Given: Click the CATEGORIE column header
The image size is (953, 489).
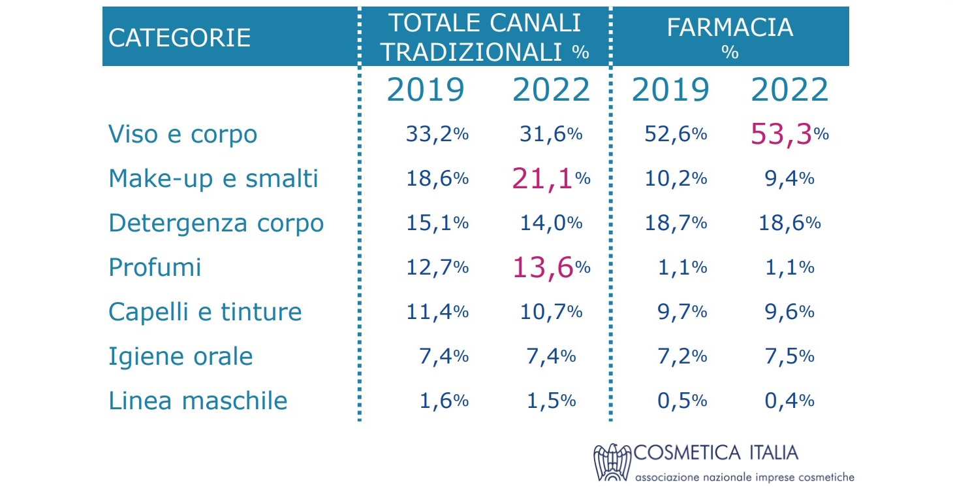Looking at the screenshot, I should tap(180, 37).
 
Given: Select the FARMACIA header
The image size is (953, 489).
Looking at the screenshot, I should tap(730, 27).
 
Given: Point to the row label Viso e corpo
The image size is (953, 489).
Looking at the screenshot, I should tap(183, 135).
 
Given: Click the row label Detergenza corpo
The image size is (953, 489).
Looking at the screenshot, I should tap(216, 223).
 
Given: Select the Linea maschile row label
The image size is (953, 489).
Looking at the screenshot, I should tap(198, 400).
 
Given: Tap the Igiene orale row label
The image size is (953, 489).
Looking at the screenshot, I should tap(181, 356).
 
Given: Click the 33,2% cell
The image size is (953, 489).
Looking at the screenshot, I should tap(437, 135).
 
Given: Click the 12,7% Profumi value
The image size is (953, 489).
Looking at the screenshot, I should tap(437, 267).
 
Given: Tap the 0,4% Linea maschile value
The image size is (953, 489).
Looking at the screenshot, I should tap(789, 400).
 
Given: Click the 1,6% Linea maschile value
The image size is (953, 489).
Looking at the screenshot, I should tap(443, 400).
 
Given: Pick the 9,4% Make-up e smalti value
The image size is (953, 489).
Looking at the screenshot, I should tap(789, 178).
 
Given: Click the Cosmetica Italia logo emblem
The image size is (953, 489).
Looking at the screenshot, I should tap(612, 463).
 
